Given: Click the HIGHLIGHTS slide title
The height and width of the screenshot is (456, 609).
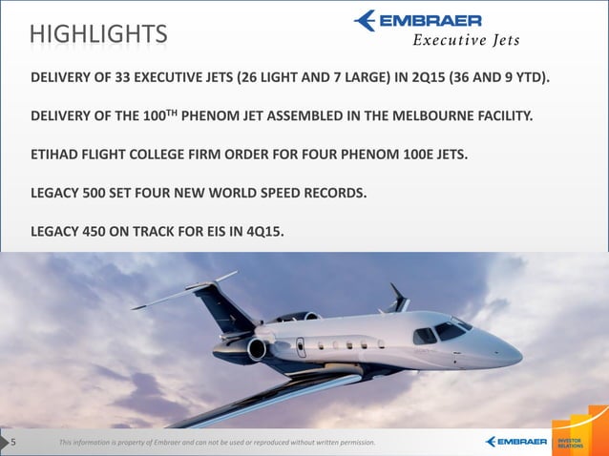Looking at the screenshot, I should (98, 34).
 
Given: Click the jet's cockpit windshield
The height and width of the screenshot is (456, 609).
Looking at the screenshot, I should (448, 331).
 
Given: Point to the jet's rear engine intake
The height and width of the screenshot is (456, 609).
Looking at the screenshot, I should (256, 349).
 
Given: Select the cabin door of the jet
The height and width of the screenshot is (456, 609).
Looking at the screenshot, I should (303, 347).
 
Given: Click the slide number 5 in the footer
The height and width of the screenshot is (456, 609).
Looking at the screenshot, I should (13, 442).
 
